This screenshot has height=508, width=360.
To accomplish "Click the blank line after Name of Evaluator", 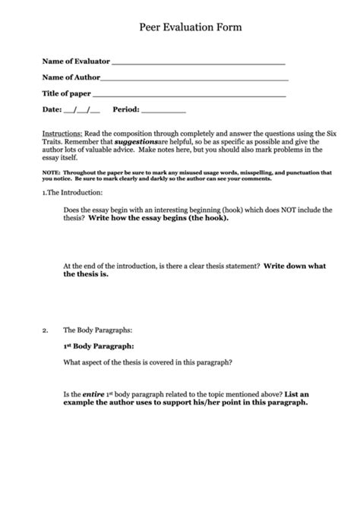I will (x=198, y=61).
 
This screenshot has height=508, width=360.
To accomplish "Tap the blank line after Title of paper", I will (x=189, y=94).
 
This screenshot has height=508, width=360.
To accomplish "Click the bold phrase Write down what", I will (x=295, y=266).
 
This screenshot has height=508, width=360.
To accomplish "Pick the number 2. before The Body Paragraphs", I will (x=46, y=330).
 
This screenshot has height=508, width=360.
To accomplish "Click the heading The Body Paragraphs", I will (x=98, y=330).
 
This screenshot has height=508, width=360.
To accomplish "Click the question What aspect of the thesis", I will (x=147, y=362).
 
